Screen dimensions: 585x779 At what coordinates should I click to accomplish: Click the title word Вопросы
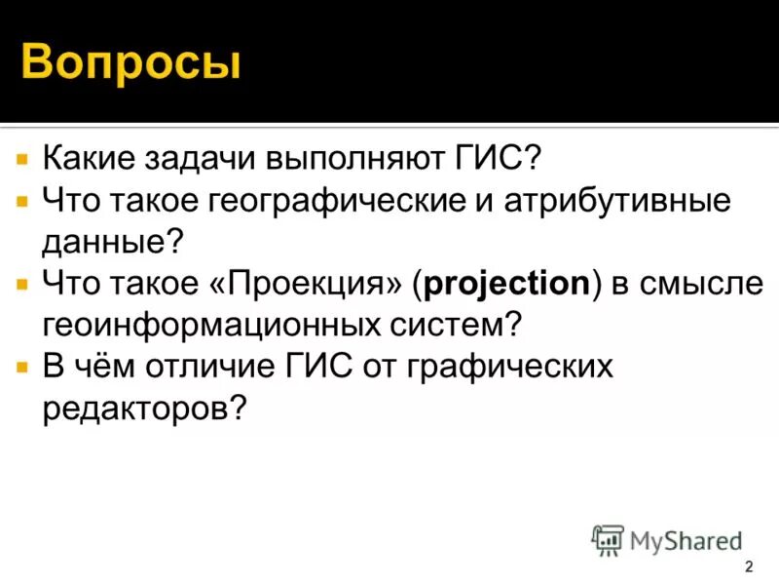click(x=130, y=61)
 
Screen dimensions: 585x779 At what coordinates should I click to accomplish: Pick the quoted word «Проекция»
click(x=310, y=284)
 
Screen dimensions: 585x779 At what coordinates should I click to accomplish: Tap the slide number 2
click(x=748, y=568)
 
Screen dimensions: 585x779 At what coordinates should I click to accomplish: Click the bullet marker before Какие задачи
click(x=21, y=156)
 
